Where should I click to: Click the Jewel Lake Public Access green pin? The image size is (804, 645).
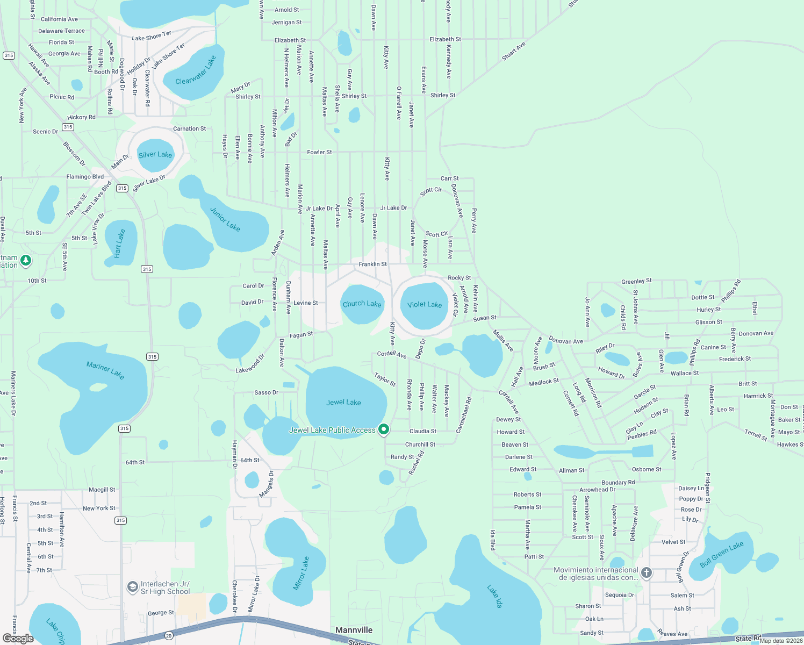tap(384, 429)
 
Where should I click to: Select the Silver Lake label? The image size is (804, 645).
tap(155, 155)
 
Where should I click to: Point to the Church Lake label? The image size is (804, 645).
tap(362, 304)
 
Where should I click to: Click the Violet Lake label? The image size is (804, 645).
tap(425, 305)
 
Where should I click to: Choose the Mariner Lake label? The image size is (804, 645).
tap(105, 370)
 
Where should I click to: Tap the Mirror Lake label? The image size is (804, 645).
tap(301, 574)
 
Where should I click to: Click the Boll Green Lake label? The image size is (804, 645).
tap(722, 554)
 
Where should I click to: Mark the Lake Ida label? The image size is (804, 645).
tap(495, 597)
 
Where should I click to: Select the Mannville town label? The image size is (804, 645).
tap(354, 630)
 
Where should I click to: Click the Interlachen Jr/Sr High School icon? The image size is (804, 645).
tap(132, 587)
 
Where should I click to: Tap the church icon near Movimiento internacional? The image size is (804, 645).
tap(647, 573)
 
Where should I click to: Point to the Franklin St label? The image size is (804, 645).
tap(373, 264)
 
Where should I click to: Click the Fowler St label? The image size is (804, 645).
tap(319, 152)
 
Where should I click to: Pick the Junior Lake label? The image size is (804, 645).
tap(225, 219)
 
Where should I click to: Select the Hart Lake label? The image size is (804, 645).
tap(120, 243)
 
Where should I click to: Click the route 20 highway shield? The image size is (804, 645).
tap(169, 636)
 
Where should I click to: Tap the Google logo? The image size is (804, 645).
tap(18, 638)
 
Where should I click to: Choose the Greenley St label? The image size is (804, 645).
tap(636, 281)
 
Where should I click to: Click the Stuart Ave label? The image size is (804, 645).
tap(514, 52)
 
